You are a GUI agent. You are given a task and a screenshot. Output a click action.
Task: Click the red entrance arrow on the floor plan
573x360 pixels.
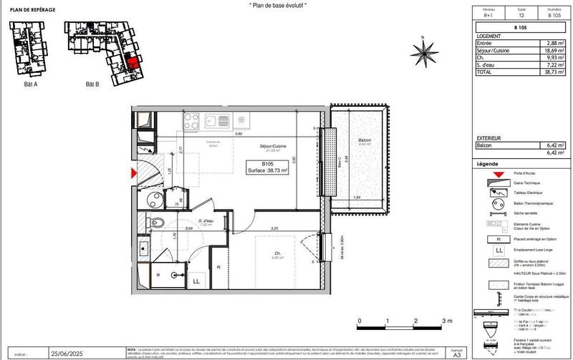(132, 172)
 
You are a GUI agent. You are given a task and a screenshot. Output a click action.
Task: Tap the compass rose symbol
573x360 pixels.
(425, 51)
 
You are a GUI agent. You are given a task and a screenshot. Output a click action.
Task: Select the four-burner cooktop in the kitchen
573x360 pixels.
(192, 120)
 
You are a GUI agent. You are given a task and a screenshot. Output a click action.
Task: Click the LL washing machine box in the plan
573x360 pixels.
(196, 281)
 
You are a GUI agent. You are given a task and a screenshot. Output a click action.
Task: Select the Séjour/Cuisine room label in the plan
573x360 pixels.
(273, 146)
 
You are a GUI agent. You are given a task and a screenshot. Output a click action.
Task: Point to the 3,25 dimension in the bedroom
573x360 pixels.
(274, 228)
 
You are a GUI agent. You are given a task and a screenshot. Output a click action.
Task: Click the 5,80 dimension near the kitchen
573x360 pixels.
(239, 134)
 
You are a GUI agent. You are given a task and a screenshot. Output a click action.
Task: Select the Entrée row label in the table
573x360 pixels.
(485, 44)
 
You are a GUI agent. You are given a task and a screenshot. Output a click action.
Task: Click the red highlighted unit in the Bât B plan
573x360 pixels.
(132, 62)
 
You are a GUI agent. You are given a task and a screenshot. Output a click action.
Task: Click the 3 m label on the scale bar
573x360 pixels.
(447, 320)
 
